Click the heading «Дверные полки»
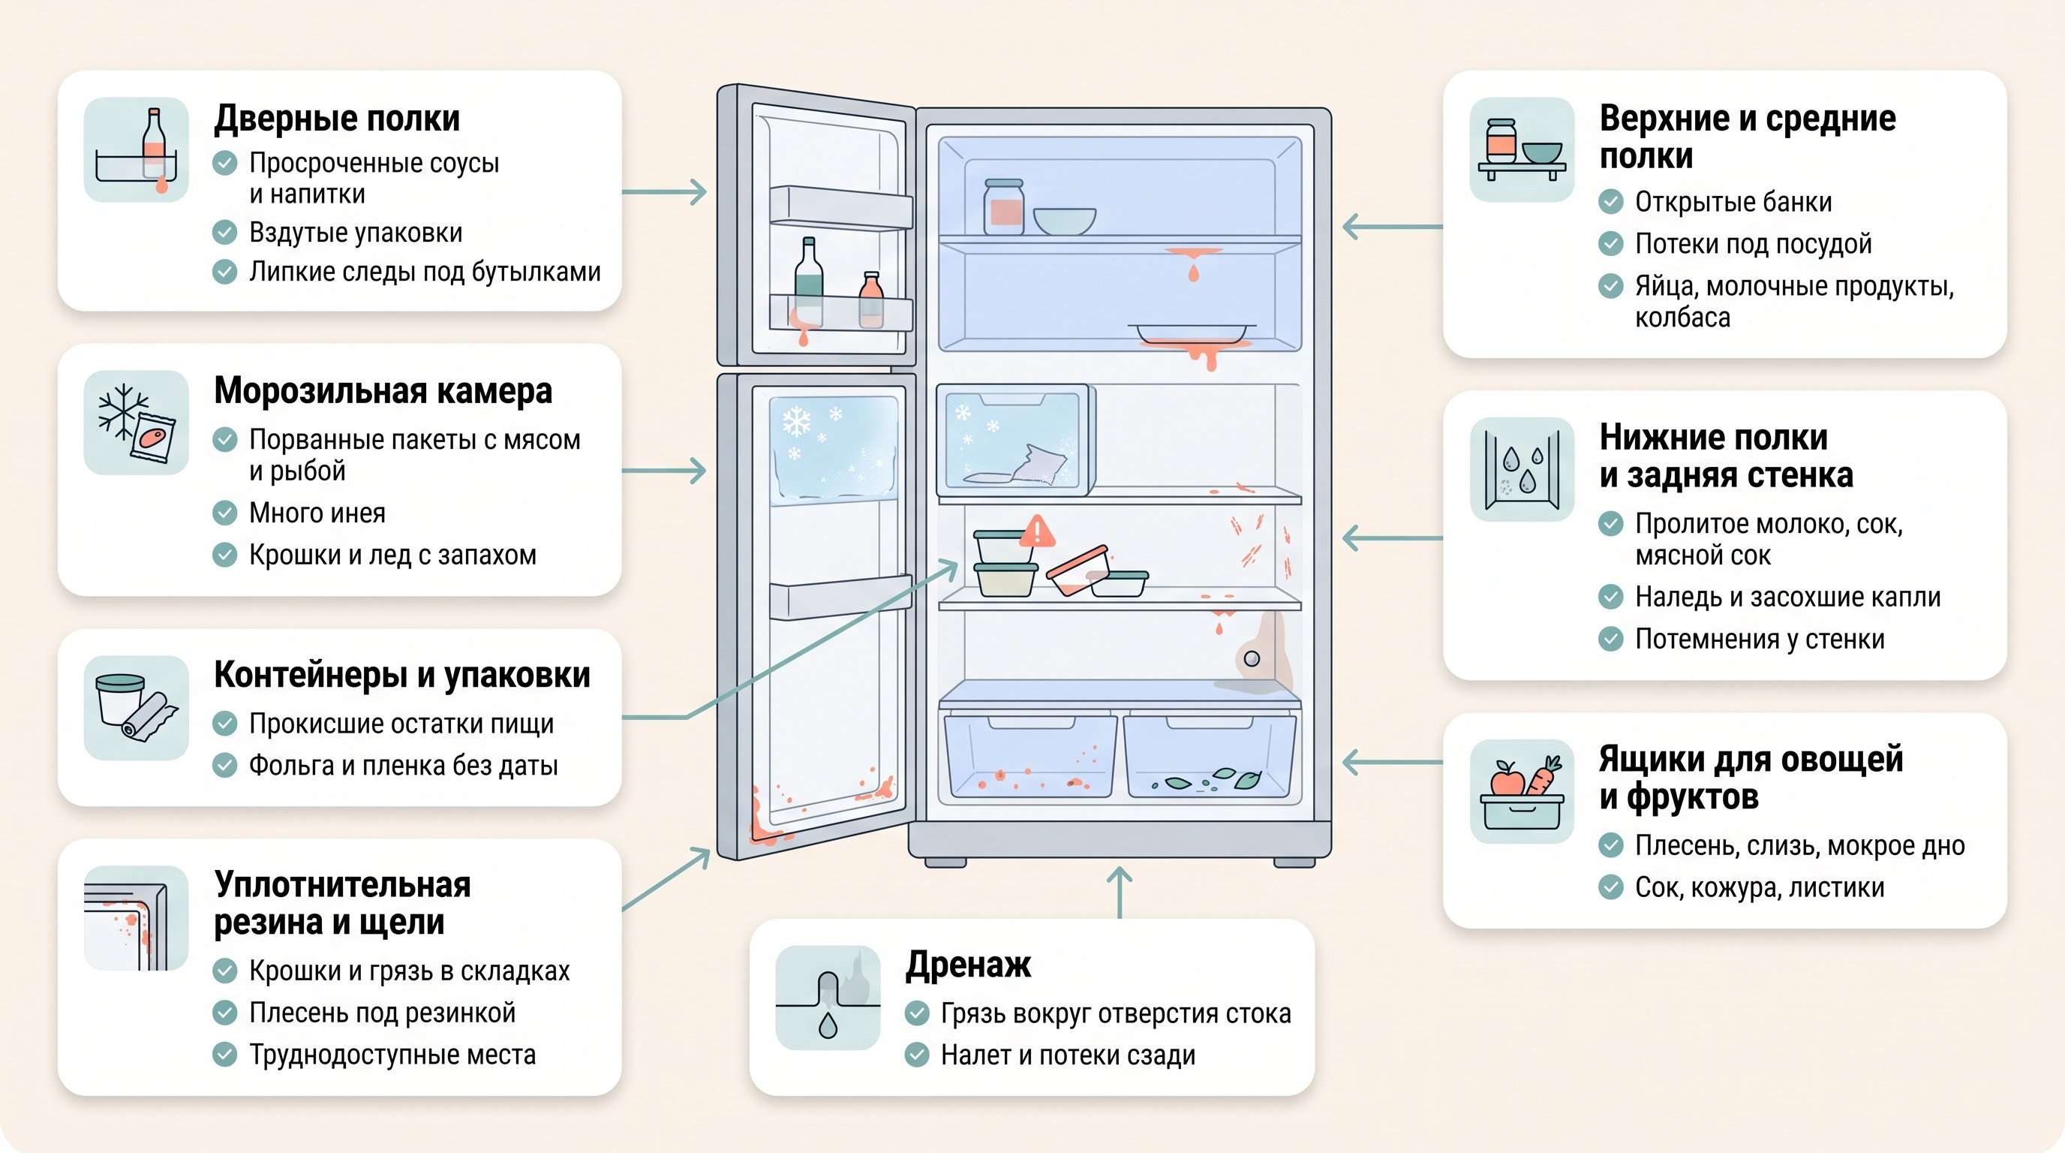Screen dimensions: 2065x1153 337,119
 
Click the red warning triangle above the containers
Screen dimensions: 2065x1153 1036,531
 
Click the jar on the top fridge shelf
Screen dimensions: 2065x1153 1004,207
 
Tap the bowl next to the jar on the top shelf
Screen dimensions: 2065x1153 1064,221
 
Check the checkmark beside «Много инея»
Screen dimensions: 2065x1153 224,513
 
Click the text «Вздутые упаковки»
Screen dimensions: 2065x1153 356,233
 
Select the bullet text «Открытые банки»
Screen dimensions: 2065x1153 1733,202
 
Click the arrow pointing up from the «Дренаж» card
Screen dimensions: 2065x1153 1119,893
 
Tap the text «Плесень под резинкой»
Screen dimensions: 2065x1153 382,1013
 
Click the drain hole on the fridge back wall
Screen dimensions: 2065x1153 1252,659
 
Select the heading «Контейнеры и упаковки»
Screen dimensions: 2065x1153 401,675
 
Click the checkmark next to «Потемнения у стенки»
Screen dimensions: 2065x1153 1610,639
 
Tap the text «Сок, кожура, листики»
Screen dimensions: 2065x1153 1760,887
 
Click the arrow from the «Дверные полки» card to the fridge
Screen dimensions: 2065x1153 664,192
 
